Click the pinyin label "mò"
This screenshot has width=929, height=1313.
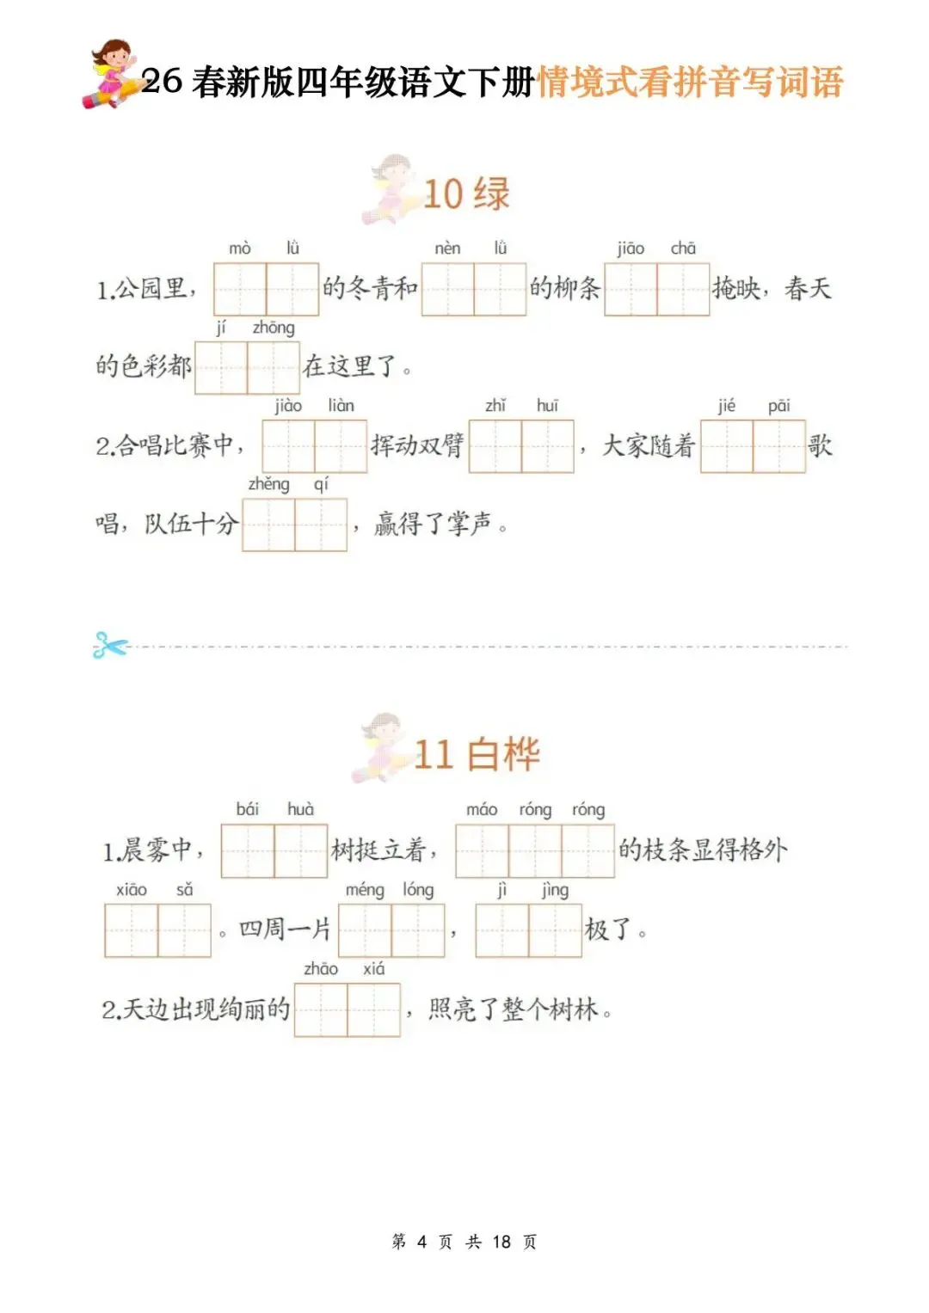point(239,248)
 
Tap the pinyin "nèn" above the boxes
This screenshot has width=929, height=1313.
point(447,248)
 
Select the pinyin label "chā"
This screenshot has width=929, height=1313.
point(683,248)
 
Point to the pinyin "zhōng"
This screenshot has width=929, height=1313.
point(274,328)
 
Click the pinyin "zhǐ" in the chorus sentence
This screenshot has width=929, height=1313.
point(495,406)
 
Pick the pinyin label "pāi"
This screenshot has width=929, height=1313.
point(778,406)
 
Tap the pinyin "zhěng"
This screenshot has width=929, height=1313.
point(268,484)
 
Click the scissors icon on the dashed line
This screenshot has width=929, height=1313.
point(110,646)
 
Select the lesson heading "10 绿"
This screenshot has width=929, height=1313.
point(466,193)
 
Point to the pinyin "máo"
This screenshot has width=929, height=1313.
point(482,809)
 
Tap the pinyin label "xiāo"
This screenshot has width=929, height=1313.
point(132,889)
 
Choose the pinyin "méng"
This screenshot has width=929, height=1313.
point(365,890)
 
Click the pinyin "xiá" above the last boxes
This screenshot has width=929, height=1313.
point(373,969)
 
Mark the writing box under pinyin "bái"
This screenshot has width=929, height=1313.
point(248,851)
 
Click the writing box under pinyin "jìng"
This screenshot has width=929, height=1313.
point(555,930)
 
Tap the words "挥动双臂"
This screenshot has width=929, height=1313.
point(417,445)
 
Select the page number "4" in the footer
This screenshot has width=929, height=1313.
point(421,1242)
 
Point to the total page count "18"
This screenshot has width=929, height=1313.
point(501,1242)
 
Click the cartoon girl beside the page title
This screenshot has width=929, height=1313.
point(112,73)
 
